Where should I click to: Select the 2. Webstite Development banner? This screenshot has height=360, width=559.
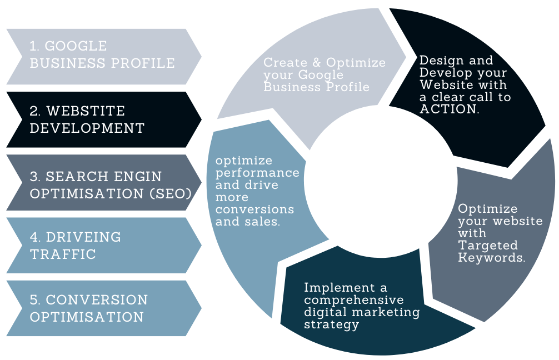103,119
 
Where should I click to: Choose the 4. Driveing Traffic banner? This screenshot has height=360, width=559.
103,246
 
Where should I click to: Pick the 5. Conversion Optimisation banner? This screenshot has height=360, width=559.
103,309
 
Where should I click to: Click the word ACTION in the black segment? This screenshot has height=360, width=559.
448,109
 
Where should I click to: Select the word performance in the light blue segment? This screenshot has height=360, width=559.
257,173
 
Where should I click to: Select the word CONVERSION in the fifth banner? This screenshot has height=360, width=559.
97,301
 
